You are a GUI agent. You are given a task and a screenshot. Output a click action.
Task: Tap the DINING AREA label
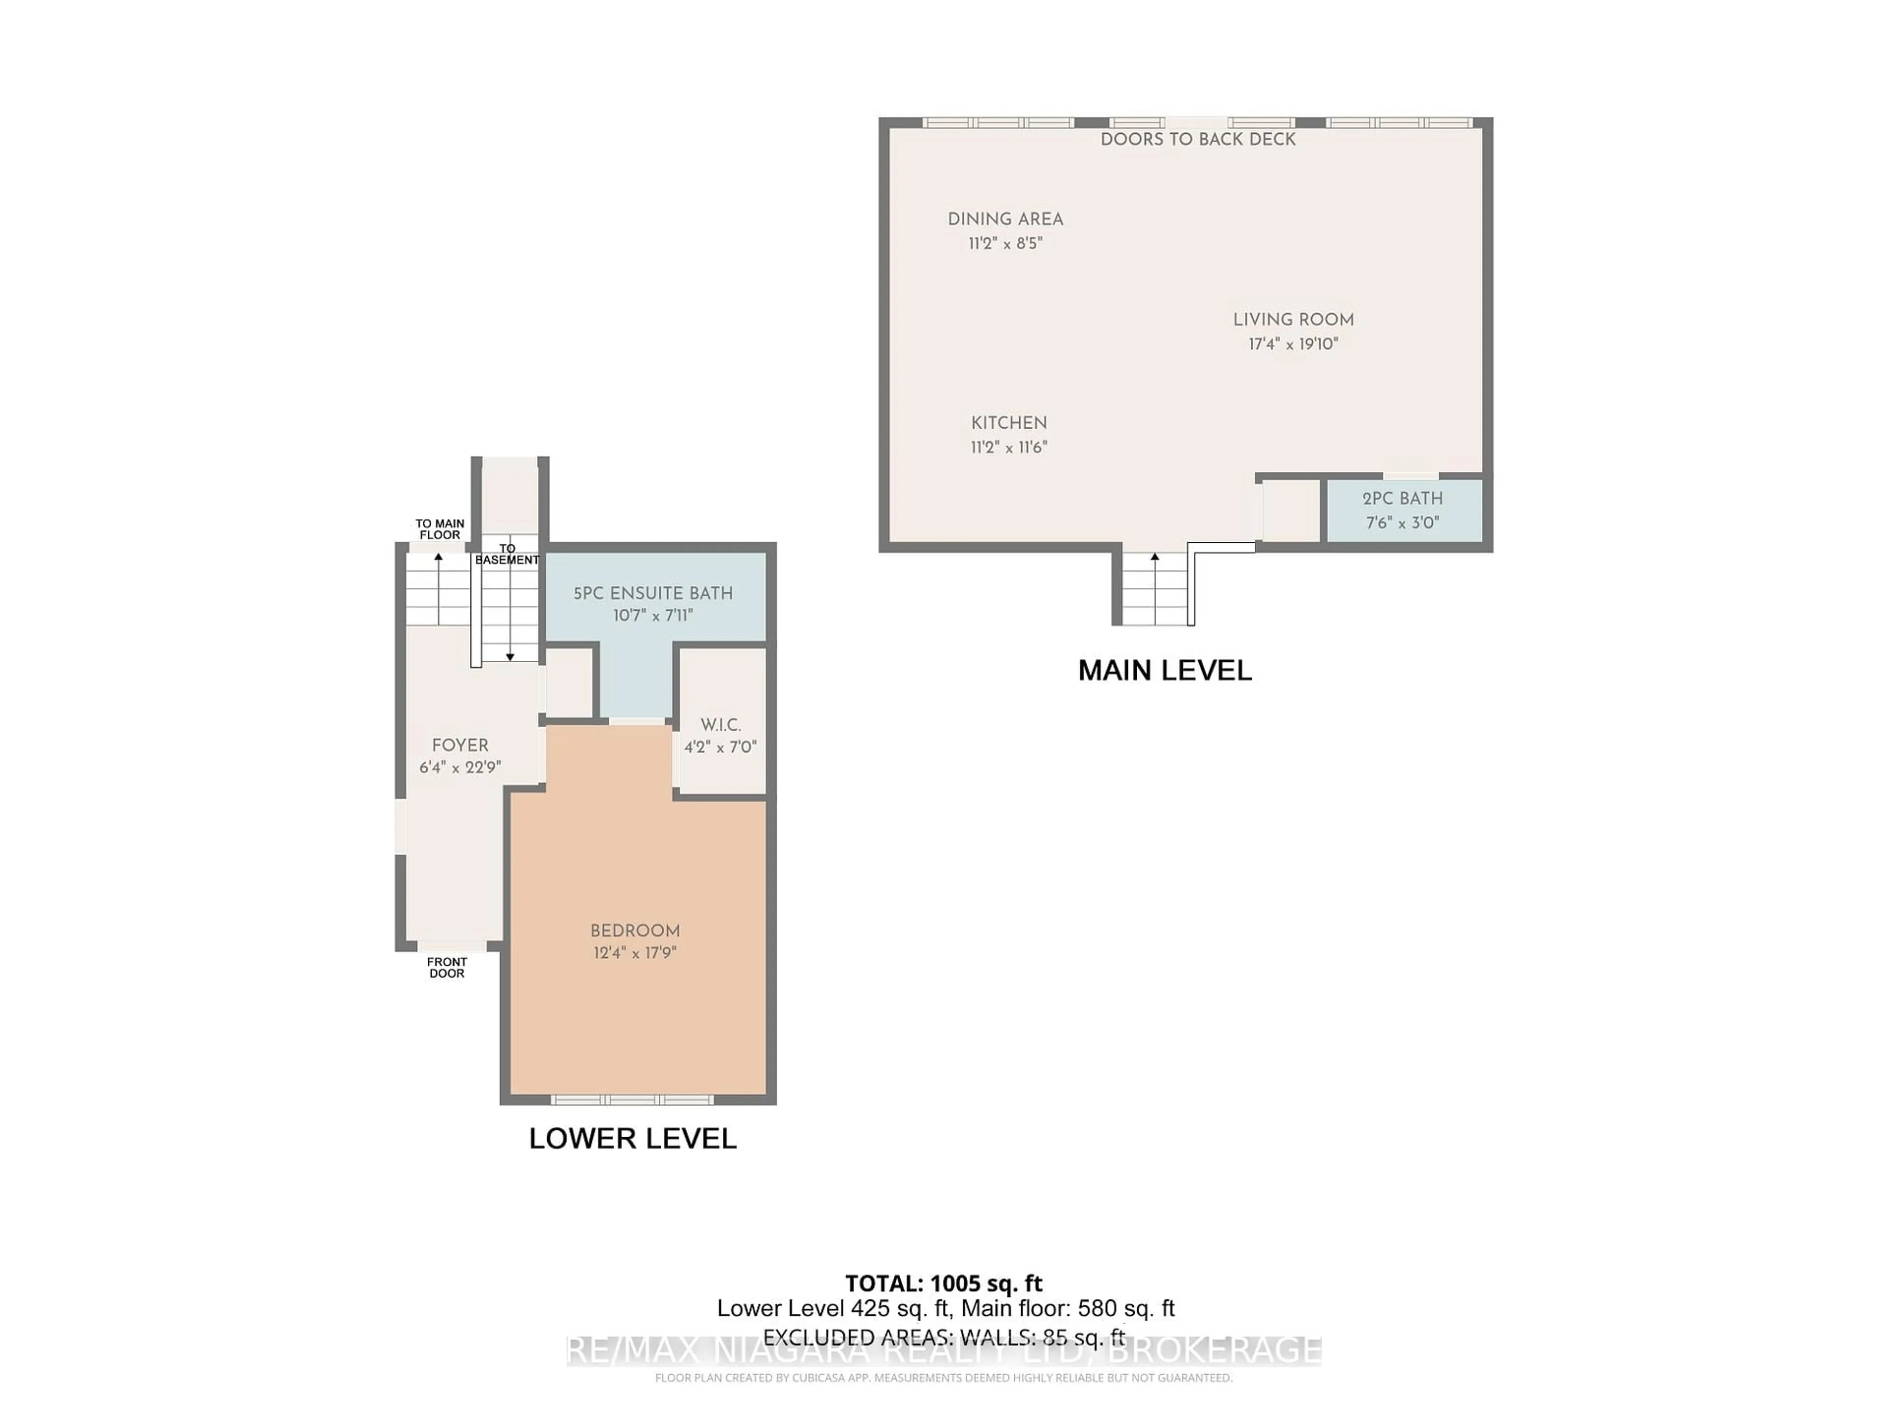1005,219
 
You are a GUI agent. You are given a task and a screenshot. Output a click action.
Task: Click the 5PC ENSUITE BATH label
653,593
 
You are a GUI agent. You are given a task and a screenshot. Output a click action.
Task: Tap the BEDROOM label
635,930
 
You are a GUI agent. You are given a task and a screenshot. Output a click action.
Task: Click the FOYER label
460,745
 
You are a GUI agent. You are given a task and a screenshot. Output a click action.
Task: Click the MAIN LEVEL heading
1165,671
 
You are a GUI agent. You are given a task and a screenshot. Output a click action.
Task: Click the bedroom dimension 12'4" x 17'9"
635,952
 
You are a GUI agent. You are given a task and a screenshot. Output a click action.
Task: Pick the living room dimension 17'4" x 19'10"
1293,344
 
